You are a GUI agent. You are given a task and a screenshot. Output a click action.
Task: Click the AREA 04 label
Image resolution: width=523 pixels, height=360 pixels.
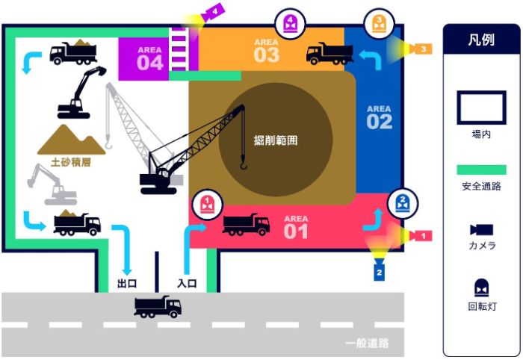(149, 59)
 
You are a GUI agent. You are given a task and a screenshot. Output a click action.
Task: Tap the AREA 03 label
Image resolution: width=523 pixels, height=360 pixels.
(267, 51)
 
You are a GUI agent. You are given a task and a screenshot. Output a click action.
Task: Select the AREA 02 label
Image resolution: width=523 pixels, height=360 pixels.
(380, 117)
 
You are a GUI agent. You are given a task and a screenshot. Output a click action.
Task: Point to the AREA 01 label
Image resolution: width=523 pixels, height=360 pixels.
(296, 227)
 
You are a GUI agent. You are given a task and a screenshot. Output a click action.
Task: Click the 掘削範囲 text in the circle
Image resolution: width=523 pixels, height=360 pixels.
(276, 140)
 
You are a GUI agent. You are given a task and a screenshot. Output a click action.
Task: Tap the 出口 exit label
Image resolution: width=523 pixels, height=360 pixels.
(127, 283)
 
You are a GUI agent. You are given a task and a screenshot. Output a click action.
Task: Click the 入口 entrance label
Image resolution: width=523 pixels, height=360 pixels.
(187, 283)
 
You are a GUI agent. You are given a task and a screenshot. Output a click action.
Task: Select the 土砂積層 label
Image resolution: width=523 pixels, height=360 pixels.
(71, 162)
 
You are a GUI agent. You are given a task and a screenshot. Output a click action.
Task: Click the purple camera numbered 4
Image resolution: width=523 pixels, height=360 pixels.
(214, 13)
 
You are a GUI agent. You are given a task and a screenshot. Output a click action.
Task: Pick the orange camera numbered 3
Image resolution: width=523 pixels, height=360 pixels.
(421, 49)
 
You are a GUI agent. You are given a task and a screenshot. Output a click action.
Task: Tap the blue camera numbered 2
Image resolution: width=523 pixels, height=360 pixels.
(380, 271)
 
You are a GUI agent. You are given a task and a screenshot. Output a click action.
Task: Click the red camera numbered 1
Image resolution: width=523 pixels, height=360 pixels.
(421, 236)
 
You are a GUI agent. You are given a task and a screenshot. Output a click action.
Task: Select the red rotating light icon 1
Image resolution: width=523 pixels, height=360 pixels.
(207, 205)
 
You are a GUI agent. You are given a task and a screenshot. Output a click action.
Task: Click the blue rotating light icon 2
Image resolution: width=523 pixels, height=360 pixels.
(403, 203)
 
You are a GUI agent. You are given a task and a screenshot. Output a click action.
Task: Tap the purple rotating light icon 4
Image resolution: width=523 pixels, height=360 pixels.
(290, 24)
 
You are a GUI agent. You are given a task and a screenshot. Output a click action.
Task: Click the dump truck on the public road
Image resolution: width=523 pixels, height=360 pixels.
(158, 307)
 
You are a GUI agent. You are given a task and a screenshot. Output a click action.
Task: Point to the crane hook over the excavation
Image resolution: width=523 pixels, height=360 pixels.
(244, 164)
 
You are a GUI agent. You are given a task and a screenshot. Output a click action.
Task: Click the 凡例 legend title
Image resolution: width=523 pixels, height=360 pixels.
(481, 40)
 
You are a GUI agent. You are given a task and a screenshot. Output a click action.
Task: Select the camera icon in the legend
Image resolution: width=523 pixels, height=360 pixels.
(482, 229)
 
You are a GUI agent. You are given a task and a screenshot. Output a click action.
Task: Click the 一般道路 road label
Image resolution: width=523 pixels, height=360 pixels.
(367, 343)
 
